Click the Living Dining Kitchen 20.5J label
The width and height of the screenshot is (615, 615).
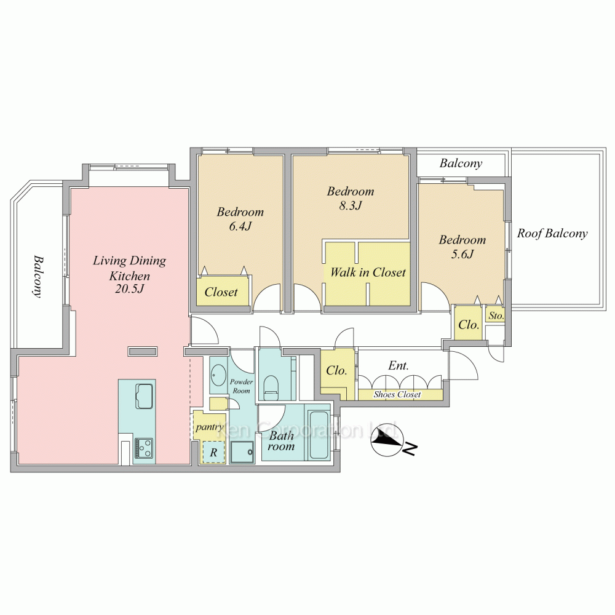tap(129, 274)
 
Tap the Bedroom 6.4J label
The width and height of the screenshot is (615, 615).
tap(240, 219)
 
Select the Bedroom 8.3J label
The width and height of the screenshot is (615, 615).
tap(350, 198)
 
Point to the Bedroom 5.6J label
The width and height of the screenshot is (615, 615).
tap(462, 247)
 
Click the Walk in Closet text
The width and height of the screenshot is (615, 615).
tap(368, 272)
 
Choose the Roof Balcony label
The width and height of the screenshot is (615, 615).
tap(552, 234)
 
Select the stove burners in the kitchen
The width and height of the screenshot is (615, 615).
tap(144, 448)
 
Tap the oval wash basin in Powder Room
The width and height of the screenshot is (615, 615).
tap(218, 375)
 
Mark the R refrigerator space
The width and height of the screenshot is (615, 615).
tap(213, 453)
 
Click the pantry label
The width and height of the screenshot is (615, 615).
tap(209, 426)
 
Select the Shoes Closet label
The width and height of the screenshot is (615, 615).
tap(397, 395)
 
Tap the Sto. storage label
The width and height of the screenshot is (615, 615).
tap(496, 316)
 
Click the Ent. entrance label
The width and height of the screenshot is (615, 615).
tap(398, 365)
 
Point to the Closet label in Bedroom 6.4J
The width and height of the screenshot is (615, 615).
tap(221, 292)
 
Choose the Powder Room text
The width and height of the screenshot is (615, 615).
tap(241, 386)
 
